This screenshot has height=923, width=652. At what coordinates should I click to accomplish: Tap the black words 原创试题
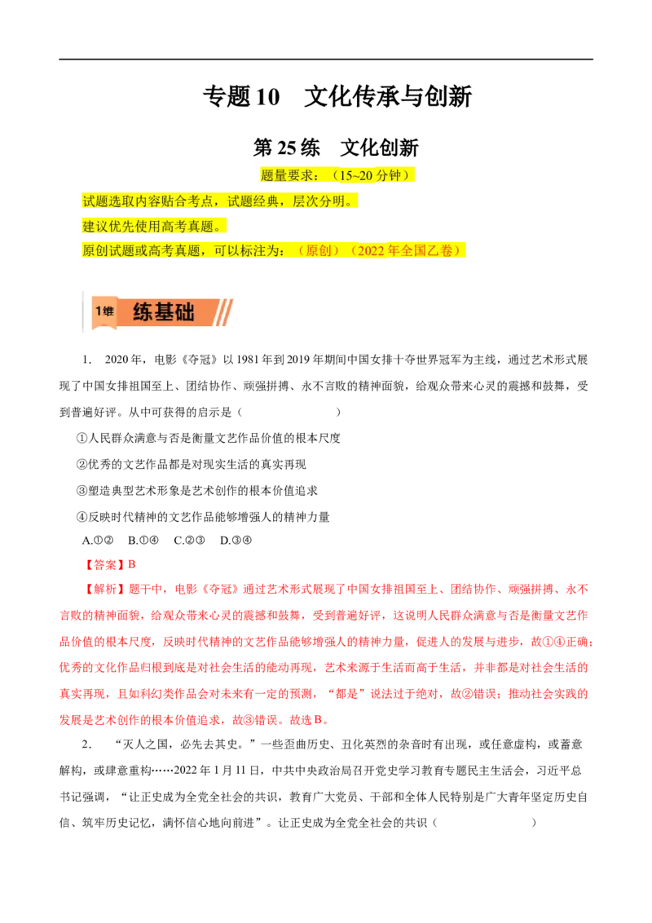click(108, 251)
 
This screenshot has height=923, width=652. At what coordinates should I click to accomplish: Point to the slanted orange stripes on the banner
click(224, 312)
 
